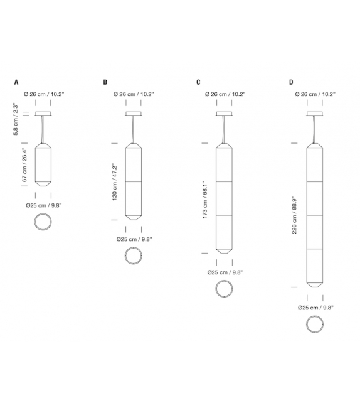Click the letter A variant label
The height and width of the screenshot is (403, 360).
[x=16, y=82]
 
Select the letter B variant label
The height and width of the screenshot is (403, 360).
[x=105, y=82]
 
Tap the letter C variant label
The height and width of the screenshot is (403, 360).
[x=198, y=82]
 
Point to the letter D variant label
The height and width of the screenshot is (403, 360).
[x=291, y=82]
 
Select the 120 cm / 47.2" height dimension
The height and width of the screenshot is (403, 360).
[x=114, y=182]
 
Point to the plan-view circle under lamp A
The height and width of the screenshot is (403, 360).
[x=44, y=222]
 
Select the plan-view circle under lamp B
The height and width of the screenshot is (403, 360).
[x=134, y=256]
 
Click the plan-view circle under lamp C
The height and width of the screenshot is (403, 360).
[x=225, y=289]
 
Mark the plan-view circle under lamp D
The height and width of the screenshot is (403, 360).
[x=315, y=324]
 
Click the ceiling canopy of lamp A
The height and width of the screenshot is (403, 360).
[x=44, y=114]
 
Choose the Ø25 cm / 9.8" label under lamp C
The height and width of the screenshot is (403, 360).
[x=225, y=272]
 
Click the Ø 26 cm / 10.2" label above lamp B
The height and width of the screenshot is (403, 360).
[x=133, y=94]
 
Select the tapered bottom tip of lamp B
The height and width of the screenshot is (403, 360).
[x=134, y=217]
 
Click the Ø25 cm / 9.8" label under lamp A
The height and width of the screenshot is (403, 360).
[x=43, y=205]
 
